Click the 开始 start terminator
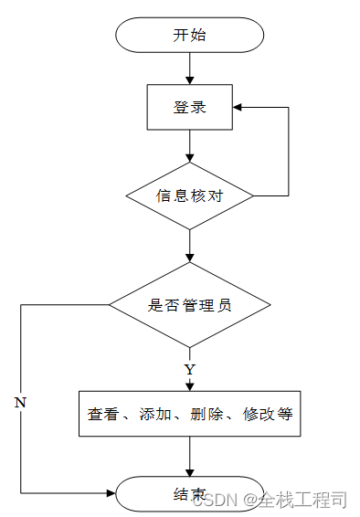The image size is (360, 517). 189,36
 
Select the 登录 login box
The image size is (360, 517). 189,107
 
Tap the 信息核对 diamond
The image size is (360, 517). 189,195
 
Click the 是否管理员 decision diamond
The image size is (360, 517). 189,305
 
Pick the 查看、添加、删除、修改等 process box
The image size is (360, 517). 189,414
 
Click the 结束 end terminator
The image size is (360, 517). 189,494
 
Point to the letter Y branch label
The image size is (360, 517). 189,370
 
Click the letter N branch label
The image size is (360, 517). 19,402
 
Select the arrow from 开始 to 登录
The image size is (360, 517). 189,69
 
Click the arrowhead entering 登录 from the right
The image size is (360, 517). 237,107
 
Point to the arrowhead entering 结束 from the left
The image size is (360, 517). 111,494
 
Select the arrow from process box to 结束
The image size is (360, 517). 189,457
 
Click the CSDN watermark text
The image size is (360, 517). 220,500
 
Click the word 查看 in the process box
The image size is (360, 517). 102,414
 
